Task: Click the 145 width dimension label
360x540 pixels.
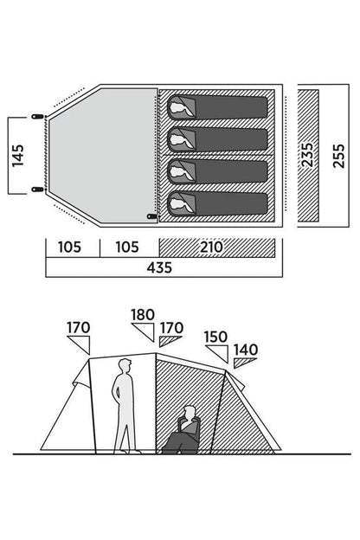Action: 18,156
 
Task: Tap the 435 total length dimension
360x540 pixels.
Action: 159,267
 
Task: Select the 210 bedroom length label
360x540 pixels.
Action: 211,247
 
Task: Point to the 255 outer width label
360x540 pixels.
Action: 338,156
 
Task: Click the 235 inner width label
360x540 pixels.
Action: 307,155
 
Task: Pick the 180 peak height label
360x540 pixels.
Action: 143,315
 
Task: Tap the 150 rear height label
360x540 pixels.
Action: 215,337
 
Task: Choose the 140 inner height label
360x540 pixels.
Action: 246,350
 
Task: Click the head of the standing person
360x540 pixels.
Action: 125,366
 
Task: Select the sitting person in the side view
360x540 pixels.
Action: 183,430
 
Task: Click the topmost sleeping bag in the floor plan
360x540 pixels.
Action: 217,107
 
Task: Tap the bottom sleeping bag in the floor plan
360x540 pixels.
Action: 217,204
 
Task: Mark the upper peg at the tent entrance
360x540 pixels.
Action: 37,117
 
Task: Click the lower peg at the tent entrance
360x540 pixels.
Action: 37,190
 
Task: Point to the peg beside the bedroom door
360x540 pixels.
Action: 152,216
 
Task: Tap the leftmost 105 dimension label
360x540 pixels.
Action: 69,247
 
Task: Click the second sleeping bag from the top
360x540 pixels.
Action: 217,140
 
